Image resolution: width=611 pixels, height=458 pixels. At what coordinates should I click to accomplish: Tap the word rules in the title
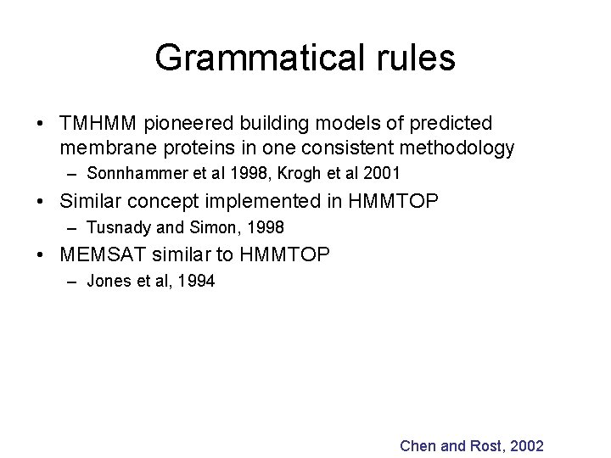pyautogui.click(x=413, y=59)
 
